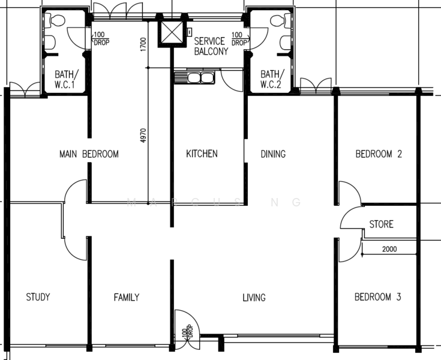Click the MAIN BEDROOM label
coord(89,154)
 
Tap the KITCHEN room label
coord(202,154)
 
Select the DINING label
coord(273,154)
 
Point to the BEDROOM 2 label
coord(378,154)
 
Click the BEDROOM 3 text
coord(377,297)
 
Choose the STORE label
coord(381,224)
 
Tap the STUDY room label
coord(38,297)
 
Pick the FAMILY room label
coord(127,297)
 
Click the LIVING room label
coord(254,297)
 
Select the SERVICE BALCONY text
coord(211,46)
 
